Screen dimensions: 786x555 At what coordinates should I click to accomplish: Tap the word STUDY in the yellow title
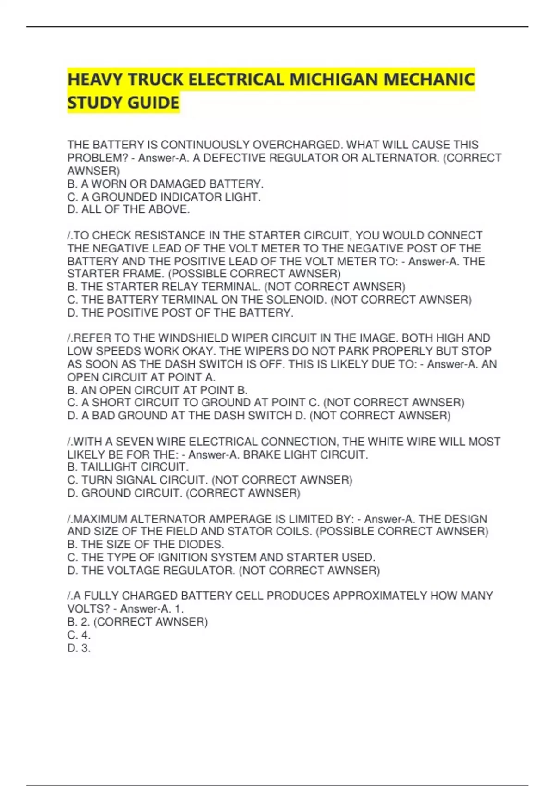click(95, 103)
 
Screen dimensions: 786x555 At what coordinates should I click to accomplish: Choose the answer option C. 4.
click(79, 635)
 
